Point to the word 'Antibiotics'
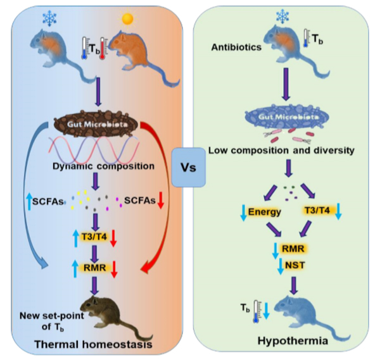pyautogui.click(x=232, y=47)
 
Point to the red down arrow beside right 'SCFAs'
pyautogui.click(x=161, y=201)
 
